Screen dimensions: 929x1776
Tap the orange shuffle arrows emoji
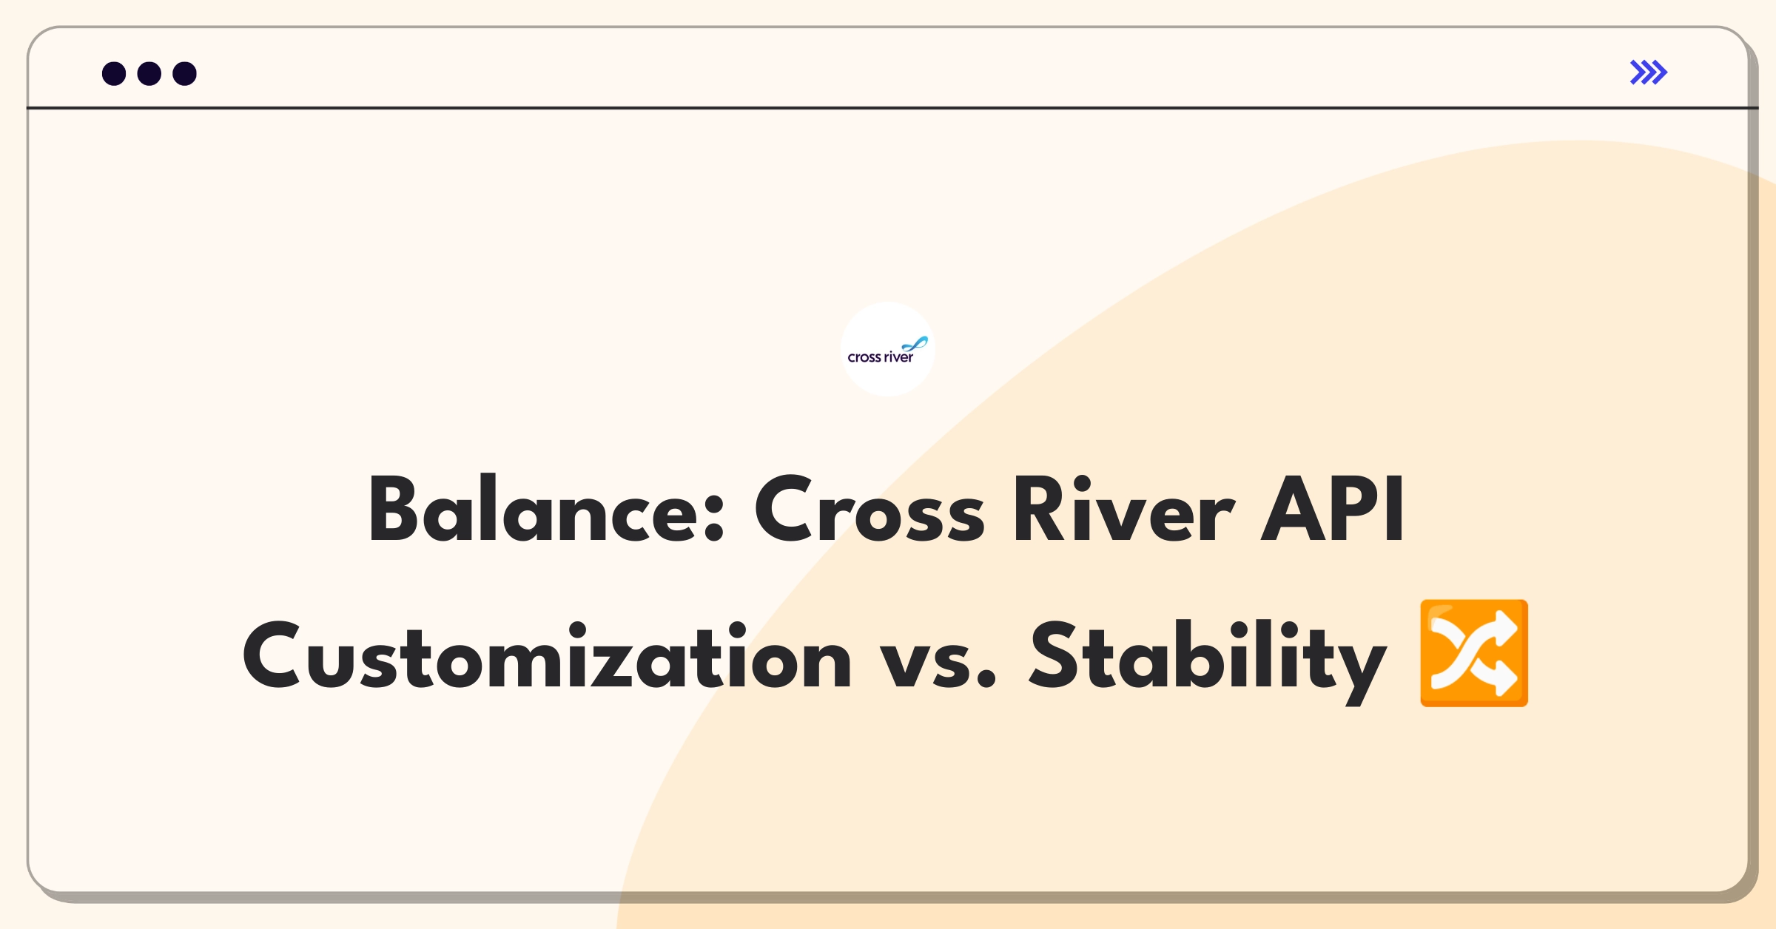point(1473,653)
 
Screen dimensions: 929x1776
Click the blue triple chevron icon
point(1649,72)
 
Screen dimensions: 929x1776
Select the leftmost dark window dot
point(114,74)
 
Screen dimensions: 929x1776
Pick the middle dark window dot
point(149,74)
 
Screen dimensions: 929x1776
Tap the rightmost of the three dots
point(185,74)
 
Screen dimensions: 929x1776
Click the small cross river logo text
point(880,358)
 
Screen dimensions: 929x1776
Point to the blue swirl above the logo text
point(915,344)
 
